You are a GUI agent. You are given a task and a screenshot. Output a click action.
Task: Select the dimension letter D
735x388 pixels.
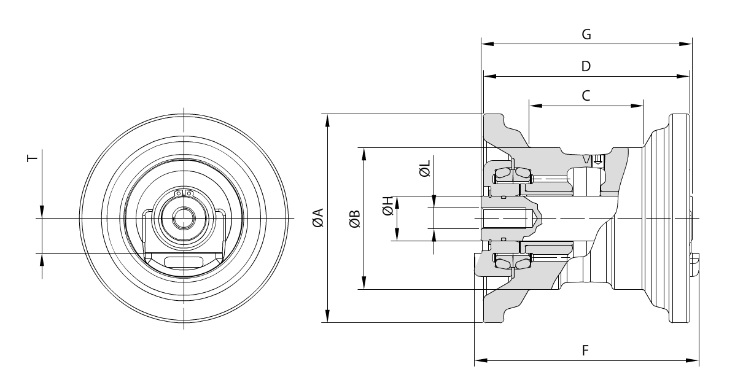pyautogui.click(x=586, y=66)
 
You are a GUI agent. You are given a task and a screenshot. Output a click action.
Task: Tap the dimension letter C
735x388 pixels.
pyautogui.click(x=586, y=95)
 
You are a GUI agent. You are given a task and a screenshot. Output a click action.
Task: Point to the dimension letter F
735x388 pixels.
pyautogui.click(x=586, y=350)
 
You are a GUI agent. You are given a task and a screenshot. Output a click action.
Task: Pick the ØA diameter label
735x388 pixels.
pyautogui.click(x=317, y=218)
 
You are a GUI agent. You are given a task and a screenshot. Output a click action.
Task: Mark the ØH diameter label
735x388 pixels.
pyautogui.click(x=387, y=206)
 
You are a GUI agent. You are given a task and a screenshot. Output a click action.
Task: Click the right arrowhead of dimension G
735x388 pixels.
pyautogui.click(x=688, y=44)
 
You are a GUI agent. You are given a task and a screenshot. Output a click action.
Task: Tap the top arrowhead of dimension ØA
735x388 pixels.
pyautogui.click(x=330, y=117)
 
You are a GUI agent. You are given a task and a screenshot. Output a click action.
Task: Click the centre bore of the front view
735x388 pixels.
pyautogui.click(x=183, y=218)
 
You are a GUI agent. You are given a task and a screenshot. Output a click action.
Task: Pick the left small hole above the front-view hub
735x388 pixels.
pyautogui.click(x=179, y=195)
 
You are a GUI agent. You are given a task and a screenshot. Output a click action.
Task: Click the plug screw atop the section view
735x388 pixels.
pyautogui.click(x=597, y=160)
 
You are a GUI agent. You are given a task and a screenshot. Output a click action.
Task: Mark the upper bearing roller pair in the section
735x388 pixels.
pyautogui.click(x=511, y=174)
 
